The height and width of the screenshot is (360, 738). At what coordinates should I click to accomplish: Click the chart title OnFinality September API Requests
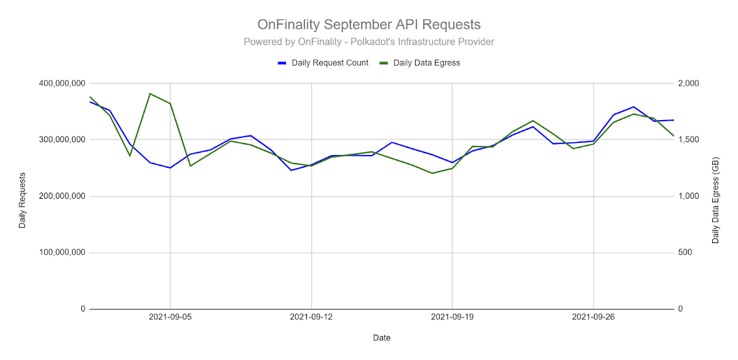coord(368,25)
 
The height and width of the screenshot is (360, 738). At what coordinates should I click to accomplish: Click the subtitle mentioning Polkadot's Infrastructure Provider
coord(368,42)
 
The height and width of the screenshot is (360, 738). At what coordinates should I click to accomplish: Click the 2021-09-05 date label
coord(170,318)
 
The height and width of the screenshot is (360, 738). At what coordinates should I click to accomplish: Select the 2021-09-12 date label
coord(311,318)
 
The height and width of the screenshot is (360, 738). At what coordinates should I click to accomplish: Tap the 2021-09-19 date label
coord(452,318)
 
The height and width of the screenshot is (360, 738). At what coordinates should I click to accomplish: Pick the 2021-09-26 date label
coord(593,318)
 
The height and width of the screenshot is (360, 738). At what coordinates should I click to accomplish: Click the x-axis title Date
coord(381,338)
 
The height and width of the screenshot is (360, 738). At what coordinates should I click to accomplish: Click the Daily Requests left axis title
coord(23,196)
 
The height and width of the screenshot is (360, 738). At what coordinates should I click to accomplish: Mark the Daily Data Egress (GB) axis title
coord(715,196)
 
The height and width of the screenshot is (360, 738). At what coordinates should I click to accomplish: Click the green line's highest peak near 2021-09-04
coord(150,94)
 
